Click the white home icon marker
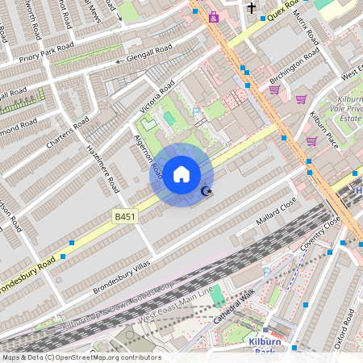pyautogui.click(x=181, y=174)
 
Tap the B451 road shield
pyautogui.click(x=124, y=217)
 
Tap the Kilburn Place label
pyautogui.click(x=323, y=128)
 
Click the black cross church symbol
pyautogui.click(x=251, y=8)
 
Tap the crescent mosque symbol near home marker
pyautogui.click(x=207, y=190)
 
